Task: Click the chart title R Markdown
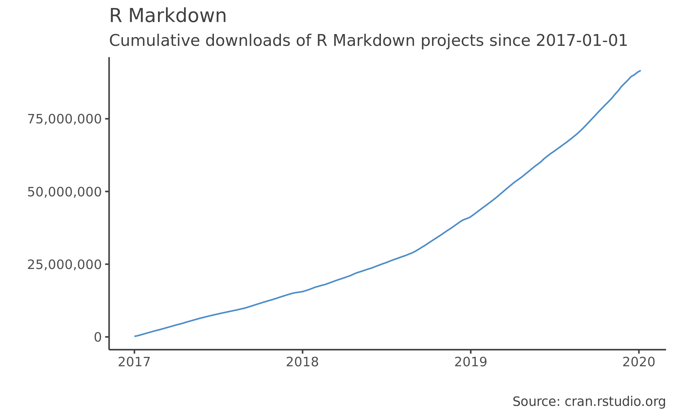[168, 16]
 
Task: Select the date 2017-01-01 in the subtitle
[582, 41]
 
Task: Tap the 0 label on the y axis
[98, 337]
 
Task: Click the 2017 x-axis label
[134, 362]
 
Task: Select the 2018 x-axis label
[302, 362]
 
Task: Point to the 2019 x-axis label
[471, 362]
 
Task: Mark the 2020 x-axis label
[639, 362]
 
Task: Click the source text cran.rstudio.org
[615, 402]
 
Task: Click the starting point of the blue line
[135, 336]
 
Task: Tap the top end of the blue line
[640, 71]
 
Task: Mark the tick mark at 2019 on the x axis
[471, 352]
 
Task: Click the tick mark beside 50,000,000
[107, 191]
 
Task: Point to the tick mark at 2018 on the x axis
[302, 352]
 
